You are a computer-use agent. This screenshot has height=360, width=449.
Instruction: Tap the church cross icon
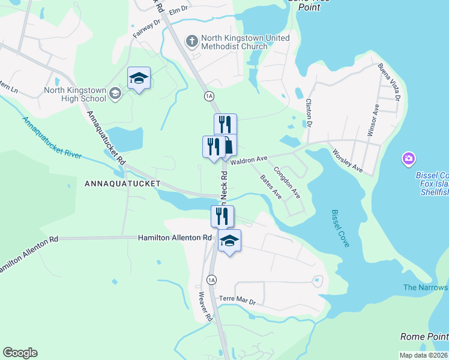191,41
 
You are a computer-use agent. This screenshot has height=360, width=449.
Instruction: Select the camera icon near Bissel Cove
408,159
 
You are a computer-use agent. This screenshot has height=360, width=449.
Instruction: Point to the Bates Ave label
270,187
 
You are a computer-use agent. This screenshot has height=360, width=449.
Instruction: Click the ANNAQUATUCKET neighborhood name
122,183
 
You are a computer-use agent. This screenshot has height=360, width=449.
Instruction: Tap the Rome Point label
424,337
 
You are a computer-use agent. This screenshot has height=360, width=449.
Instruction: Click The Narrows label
426,287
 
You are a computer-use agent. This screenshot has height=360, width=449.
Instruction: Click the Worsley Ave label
348,160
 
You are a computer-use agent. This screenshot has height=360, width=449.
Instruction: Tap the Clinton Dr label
310,113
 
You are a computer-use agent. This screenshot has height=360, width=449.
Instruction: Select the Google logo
20,353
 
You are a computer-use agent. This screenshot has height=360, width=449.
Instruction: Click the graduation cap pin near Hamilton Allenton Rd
229,241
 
